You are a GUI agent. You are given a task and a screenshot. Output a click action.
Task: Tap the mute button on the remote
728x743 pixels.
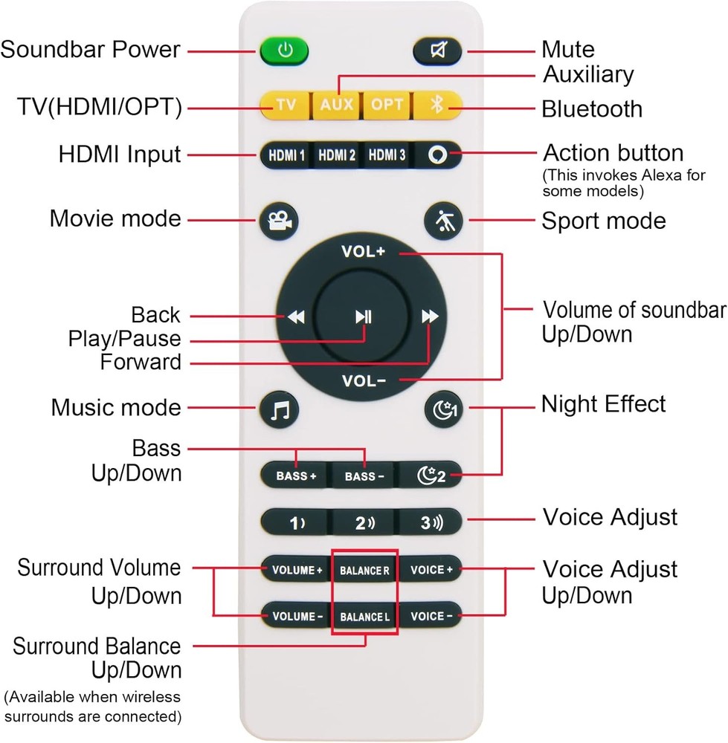[x=438, y=51]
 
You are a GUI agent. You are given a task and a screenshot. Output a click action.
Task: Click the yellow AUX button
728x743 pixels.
[x=336, y=104]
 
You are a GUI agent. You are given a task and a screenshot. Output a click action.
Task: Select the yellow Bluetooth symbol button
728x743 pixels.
[x=437, y=104]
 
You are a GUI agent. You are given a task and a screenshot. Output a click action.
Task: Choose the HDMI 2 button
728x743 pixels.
[x=336, y=156]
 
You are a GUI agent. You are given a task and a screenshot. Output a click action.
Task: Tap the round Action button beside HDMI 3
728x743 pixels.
[x=437, y=156]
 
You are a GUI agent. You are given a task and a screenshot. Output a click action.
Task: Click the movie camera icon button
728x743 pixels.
[x=279, y=221]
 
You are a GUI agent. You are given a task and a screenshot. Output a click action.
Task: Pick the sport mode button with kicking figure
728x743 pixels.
[x=443, y=221]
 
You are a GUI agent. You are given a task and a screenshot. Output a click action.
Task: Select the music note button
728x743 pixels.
[x=279, y=409]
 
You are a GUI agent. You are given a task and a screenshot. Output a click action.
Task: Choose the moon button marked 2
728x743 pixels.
[x=429, y=476]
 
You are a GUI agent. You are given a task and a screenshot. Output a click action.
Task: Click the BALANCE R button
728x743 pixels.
[x=364, y=571]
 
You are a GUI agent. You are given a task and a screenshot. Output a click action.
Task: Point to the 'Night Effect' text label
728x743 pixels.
[x=603, y=404]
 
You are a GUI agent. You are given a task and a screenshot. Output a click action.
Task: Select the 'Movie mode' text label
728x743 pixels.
[x=115, y=219]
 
